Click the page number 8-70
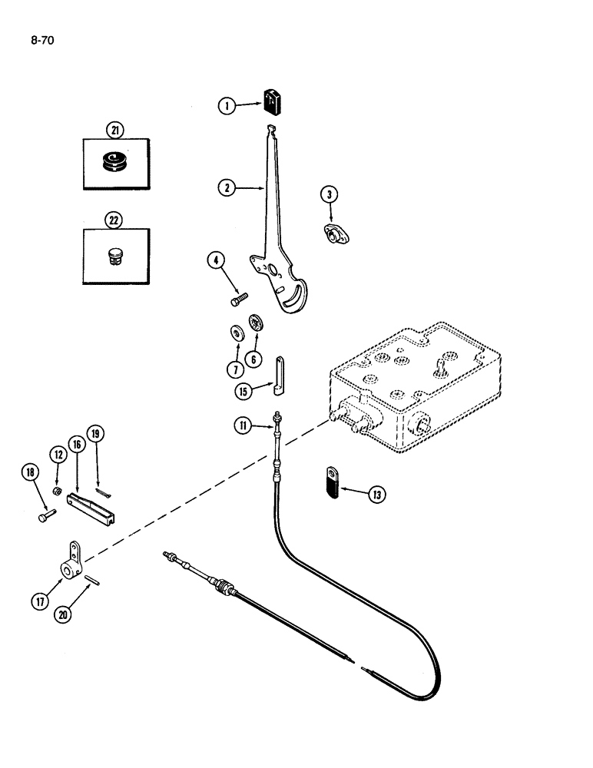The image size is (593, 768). (x=44, y=35)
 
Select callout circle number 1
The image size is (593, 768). (x=226, y=107)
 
